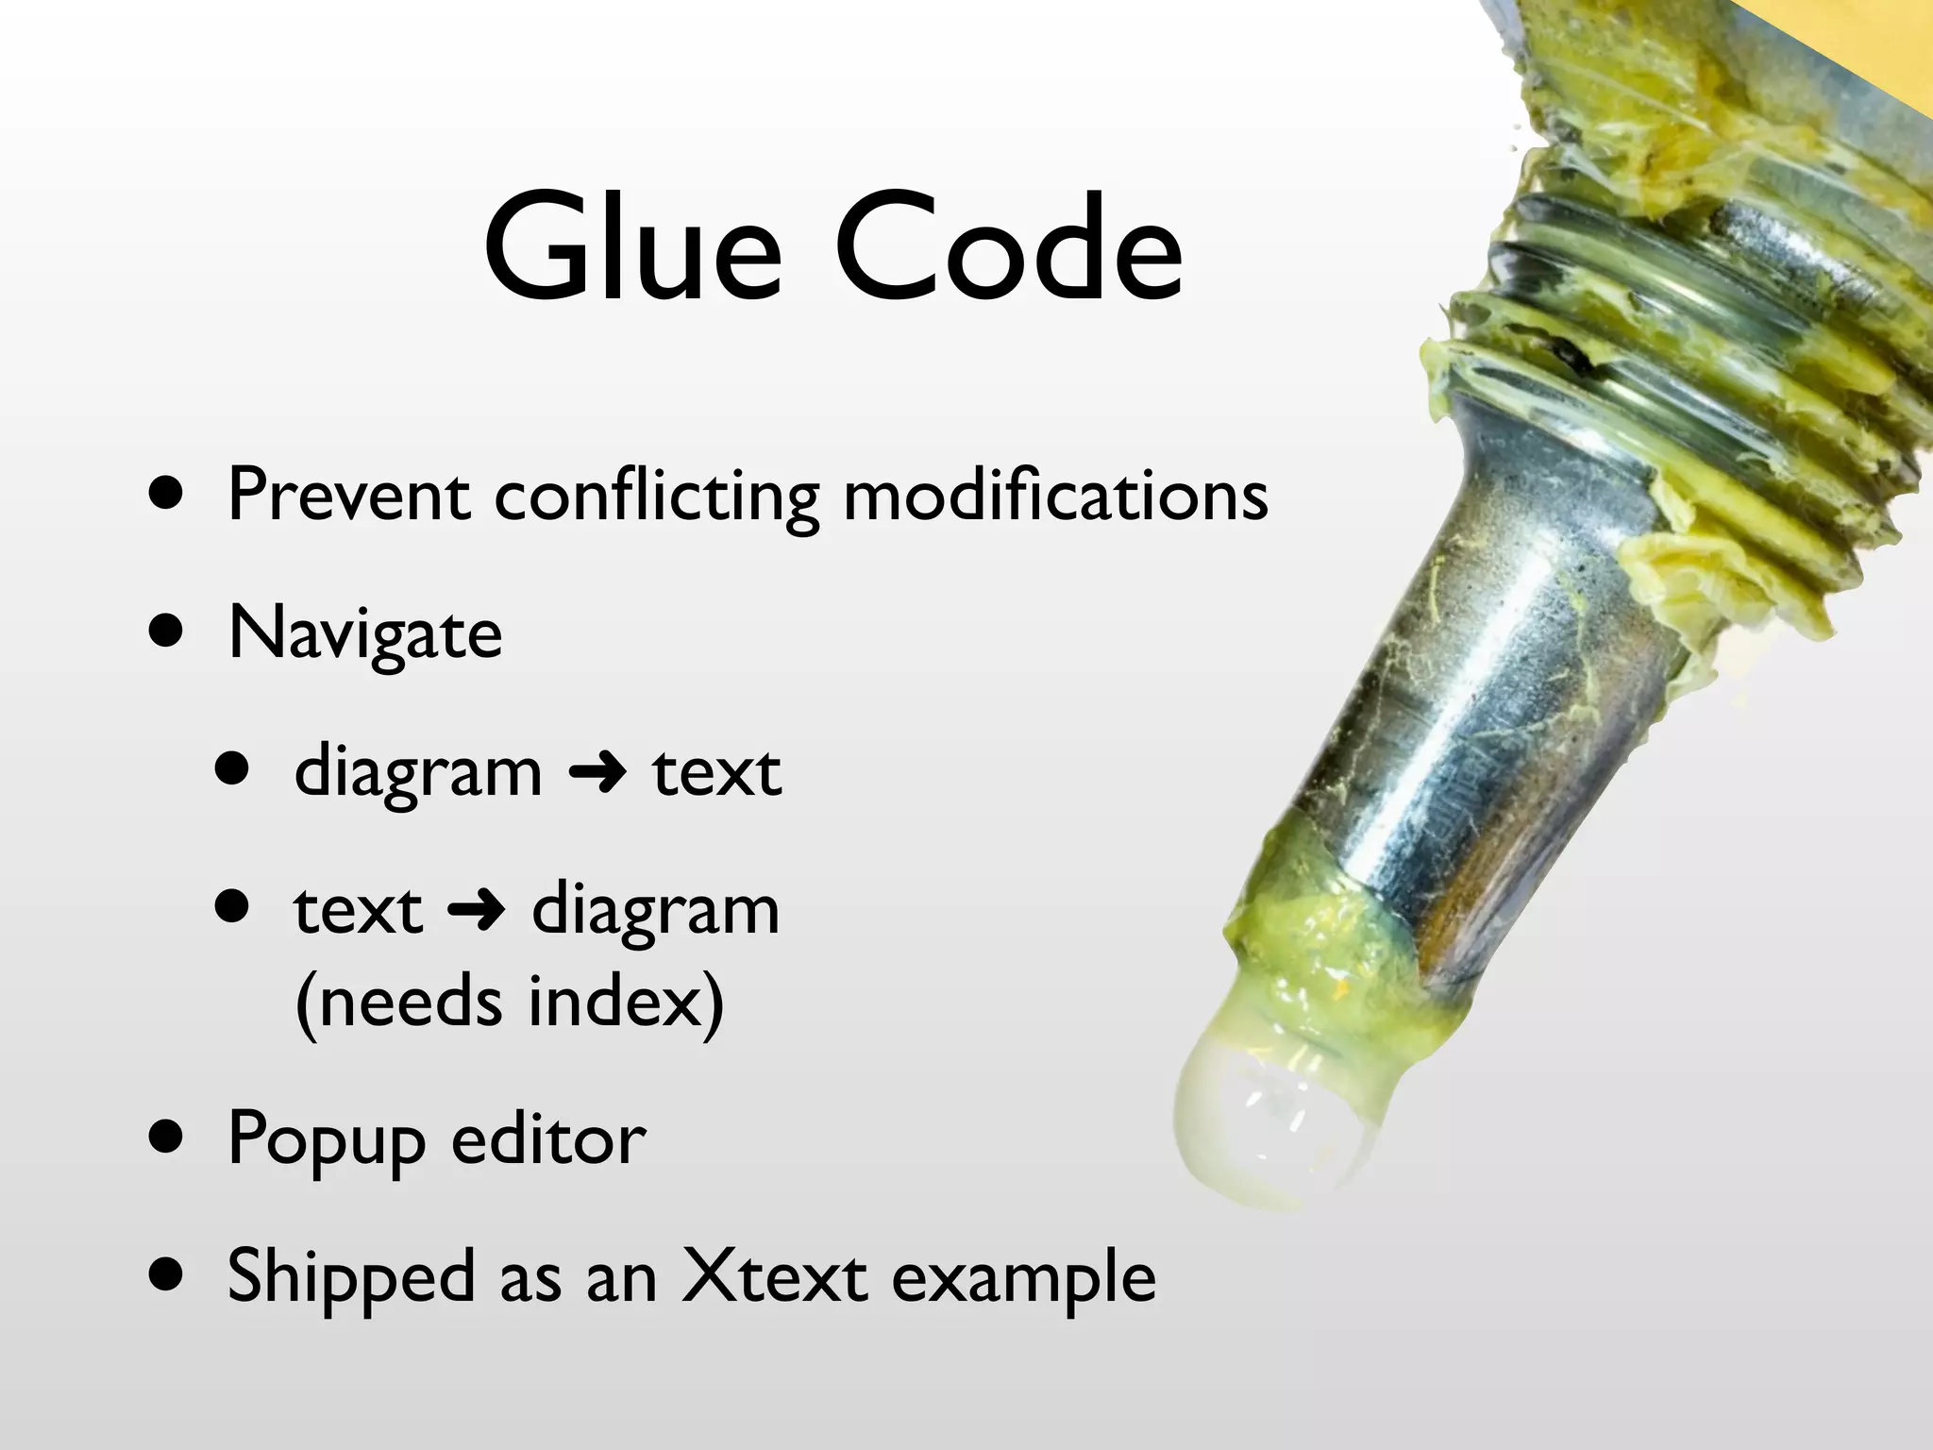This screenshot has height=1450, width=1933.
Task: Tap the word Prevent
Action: [x=348, y=495]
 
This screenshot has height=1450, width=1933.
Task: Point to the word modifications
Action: [x=1055, y=495]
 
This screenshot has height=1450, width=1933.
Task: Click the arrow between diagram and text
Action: [x=597, y=773]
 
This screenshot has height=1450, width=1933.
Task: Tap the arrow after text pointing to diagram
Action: [x=477, y=911]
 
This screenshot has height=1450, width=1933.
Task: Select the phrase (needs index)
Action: [x=510, y=1003]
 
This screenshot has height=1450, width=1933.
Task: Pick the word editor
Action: [x=548, y=1139]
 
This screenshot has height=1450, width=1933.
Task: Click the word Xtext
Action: [x=774, y=1276]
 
